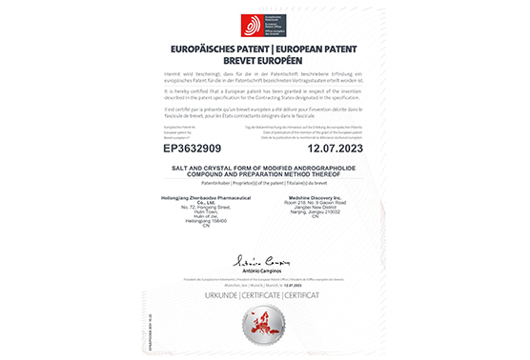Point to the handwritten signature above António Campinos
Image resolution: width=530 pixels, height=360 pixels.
click(x=265, y=259)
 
